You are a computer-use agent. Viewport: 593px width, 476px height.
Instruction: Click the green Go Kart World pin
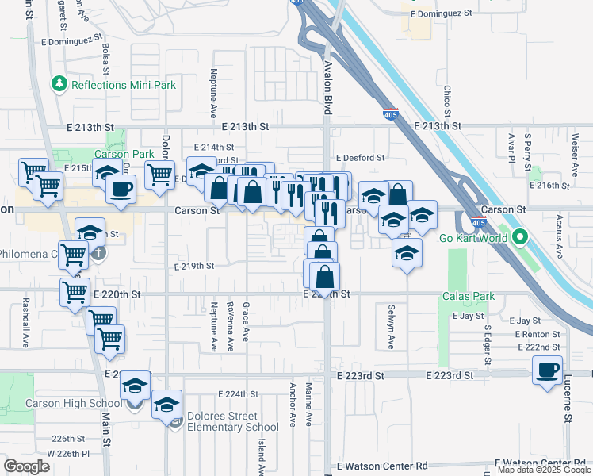[520, 236]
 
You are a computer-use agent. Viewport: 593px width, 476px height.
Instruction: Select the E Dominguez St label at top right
[441, 13]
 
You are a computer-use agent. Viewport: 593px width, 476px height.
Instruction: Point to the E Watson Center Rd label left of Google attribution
[382, 466]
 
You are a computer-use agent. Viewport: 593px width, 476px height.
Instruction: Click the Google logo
[27, 466]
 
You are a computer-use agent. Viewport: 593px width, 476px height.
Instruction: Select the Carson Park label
[124, 154]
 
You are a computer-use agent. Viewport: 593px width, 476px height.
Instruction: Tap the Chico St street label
[447, 102]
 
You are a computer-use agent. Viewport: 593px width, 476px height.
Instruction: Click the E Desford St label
[359, 158]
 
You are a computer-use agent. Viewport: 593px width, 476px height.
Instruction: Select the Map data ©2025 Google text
[543, 470]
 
